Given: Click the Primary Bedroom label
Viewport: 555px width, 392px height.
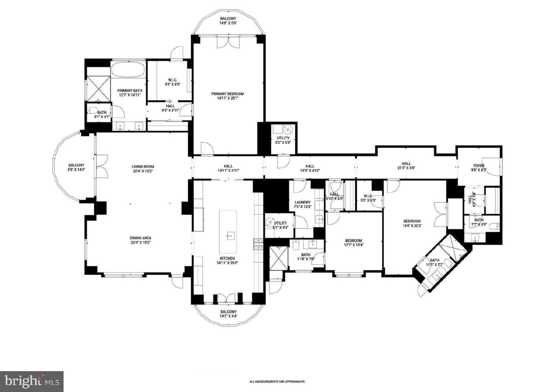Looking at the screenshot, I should coord(227,94).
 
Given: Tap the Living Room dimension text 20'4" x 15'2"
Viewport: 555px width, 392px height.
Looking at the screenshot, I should coord(143,171).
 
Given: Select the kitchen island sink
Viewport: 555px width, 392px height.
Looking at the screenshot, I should coord(230,235).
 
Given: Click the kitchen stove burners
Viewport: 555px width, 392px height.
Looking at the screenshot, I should coord(258,244).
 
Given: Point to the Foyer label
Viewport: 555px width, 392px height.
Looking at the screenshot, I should coord(478,166).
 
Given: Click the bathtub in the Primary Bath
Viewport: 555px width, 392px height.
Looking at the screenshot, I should coord(128,69).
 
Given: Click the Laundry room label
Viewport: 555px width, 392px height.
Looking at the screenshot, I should coord(302,202).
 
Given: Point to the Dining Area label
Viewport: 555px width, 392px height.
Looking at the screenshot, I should coord(140,238).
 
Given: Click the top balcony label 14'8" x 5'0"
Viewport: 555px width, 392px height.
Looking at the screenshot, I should coord(228,21).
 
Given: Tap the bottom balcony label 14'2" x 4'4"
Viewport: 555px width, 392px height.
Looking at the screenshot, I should coord(228,313).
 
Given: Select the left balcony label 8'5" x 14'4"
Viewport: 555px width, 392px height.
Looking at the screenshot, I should coord(76,167).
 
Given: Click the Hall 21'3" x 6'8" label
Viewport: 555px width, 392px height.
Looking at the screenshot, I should coord(406,166).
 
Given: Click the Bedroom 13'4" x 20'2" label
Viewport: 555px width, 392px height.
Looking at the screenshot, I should coord(412,223).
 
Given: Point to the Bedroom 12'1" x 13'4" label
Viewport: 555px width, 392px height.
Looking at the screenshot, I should coord(353,242).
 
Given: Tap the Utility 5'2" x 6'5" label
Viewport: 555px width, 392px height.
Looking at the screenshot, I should coord(283,140).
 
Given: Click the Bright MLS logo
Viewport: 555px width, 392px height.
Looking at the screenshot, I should coord(32,382).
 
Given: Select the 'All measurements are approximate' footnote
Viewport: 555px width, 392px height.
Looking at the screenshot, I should coord(277,382).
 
